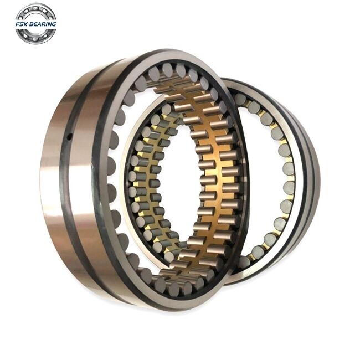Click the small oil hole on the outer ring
(69, 137)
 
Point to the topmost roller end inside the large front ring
(168, 70)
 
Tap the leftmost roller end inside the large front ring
(111, 166)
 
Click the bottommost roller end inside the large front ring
(174, 289)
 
